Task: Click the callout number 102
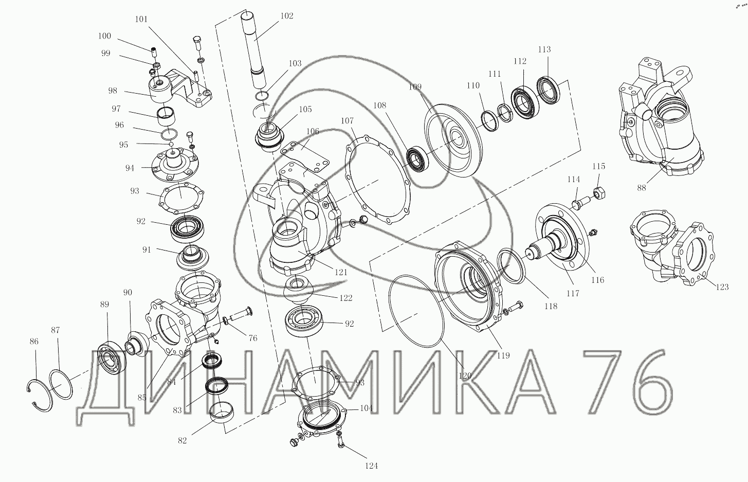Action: tap(287, 16)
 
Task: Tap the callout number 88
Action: tap(642, 188)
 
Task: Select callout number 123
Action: tap(722, 287)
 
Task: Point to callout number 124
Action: tap(371, 466)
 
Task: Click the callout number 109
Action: tap(415, 87)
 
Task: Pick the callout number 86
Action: tap(34, 342)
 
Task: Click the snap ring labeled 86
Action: tap(40, 396)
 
